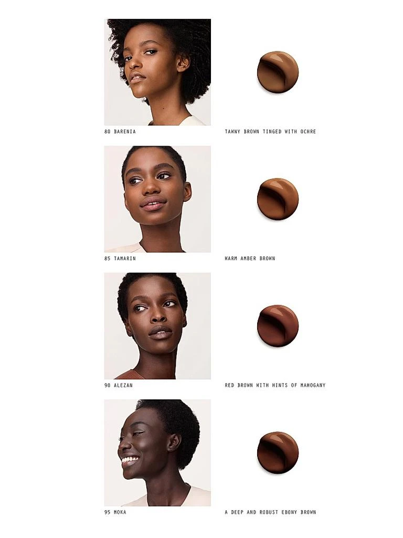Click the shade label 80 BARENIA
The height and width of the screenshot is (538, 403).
(x=120, y=131)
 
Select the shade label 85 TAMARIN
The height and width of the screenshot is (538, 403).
(x=120, y=258)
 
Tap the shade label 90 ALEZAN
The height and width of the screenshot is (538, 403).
(x=118, y=385)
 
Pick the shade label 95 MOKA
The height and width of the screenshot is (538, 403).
(x=115, y=512)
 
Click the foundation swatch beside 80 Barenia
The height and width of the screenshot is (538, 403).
(x=278, y=71)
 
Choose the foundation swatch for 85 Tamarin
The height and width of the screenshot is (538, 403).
(x=278, y=199)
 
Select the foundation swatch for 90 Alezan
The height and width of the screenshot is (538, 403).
(x=278, y=326)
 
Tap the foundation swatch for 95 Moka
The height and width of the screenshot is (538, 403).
(x=278, y=452)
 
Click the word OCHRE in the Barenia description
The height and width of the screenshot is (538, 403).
(x=308, y=131)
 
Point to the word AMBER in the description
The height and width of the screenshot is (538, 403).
(x=248, y=258)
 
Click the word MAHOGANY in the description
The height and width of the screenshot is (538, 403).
(x=313, y=385)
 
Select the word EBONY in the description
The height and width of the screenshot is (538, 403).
(x=289, y=512)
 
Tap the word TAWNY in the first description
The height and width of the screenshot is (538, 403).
(x=232, y=131)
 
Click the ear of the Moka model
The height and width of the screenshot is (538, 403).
(x=174, y=442)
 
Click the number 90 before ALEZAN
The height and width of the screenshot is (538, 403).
(x=107, y=385)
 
